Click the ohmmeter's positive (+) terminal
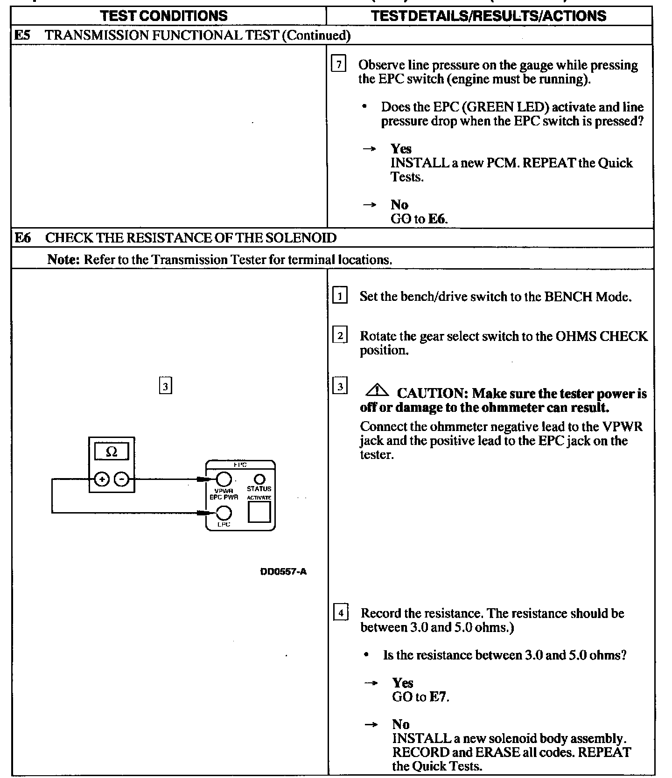point(102,479)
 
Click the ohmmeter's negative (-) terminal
point(122,479)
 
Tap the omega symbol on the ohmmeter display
point(112,452)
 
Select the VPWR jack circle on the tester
point(223,479)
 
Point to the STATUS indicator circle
point(259,479)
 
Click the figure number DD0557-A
point(283,571)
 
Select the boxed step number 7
point(339,64)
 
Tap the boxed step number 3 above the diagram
point(166,387)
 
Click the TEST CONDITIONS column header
point(164,16)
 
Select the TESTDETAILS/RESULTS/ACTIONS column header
point(489,16)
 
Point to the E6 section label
point(22,238)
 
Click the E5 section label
point(22,35)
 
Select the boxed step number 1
point(340,296)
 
